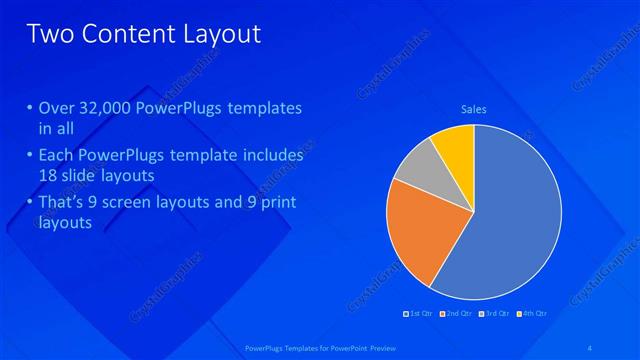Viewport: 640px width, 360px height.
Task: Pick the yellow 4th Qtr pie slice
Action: point(454,144)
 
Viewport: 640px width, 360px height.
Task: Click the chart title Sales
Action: point(473,109)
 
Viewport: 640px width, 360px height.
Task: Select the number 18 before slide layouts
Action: point(49,175)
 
